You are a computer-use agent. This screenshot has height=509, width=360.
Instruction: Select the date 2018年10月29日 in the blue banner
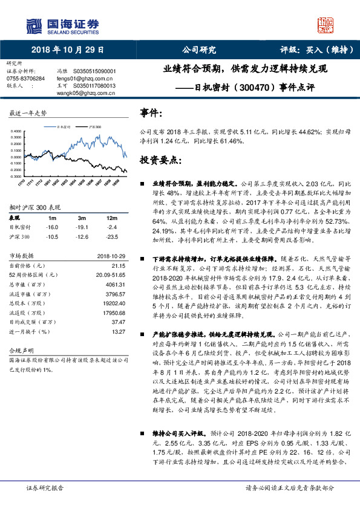tap(67, 50)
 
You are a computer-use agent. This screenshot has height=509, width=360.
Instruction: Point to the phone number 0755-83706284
tap(25, 79)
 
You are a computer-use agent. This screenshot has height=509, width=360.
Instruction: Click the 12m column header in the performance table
tap(111, 218)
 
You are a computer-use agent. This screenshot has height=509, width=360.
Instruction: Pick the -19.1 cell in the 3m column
tap(81, 227)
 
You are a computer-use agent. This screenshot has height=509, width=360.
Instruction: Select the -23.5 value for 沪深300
tap(111, 236)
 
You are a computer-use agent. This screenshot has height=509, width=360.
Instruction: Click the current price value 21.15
tap(118, 265)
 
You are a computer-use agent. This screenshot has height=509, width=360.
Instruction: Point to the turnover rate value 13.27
tap(118, 332)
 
